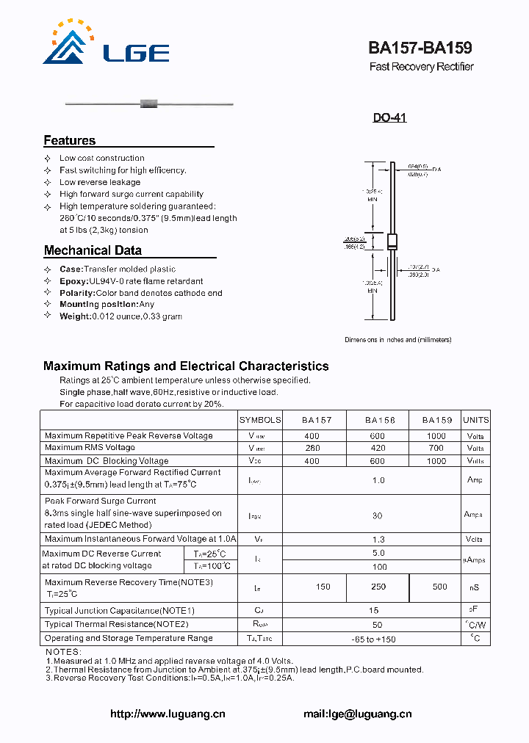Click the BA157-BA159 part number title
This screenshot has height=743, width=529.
point(420,48)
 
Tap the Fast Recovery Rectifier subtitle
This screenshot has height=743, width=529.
point(421,67)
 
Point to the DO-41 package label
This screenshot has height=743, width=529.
point(389,117)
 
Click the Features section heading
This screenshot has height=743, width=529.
point(70,140)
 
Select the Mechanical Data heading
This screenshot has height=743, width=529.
point(93,250)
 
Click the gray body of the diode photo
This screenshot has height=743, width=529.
point(149,104)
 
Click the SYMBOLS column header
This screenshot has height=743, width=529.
point(260,420)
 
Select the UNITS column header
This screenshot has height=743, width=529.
point(475,420)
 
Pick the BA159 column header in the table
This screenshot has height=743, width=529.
point(436,420)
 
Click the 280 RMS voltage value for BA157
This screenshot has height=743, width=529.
point(312,448)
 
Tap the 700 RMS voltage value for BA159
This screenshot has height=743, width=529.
point(436,448)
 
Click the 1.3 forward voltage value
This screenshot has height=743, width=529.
point(378,539)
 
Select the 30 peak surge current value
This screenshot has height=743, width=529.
point(377,515)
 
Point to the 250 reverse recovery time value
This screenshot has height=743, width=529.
point(377,587)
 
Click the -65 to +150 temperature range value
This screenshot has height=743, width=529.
point(377,639)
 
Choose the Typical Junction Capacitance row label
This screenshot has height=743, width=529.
point(120,611)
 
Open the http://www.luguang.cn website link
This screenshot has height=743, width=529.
point(168,714)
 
